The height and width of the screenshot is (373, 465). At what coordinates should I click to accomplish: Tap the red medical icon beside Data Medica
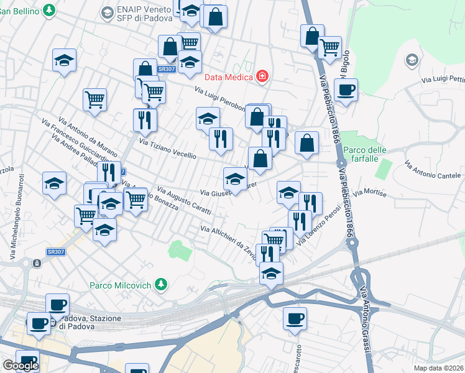(262, 76)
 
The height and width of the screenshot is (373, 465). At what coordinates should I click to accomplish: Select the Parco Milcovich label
(121, 285)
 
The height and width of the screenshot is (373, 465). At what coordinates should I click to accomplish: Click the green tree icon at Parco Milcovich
(161, 285)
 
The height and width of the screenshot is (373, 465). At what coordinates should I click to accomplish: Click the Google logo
(21, 366)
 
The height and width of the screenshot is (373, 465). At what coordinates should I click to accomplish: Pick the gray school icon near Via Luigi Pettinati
(411, 60)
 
